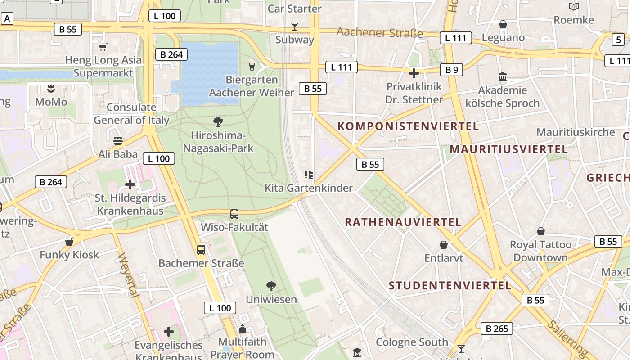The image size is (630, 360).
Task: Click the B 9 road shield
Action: click(451, 70)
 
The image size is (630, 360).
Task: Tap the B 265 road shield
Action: click(497, 328)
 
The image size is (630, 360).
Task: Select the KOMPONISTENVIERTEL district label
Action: click(408, 126)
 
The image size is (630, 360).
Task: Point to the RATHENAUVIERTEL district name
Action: click(403, 222)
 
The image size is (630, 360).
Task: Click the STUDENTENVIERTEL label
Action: click(450, 285)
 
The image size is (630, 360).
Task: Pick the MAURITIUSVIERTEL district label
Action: click(508, 149)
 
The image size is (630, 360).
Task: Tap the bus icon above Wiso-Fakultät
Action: click(234, 214)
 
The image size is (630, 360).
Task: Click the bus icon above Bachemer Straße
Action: click(201, 249)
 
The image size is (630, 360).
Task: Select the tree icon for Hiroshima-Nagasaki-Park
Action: click(218, 121)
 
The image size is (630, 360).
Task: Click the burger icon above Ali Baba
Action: click(118, 140)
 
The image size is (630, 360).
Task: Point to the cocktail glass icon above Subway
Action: click(295, 27)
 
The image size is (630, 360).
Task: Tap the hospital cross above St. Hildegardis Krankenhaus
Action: click(130, 184)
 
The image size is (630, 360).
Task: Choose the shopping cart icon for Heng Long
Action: click(103, 47)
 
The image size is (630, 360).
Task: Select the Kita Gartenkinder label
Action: click(309, 188)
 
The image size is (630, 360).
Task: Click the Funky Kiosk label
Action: click(69, 255)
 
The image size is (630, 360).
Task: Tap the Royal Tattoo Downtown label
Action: click(540, 251)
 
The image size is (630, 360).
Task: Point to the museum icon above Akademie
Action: click(503, 77)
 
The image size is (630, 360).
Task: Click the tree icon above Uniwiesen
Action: click(271, 286)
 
